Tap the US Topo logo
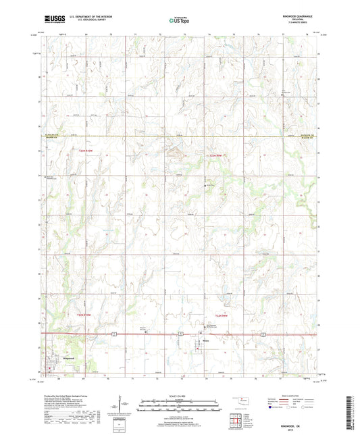pos(179,20)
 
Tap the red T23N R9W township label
pos(215,156)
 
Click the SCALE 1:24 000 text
pos(179,394)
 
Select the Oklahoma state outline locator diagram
pos(240,399)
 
